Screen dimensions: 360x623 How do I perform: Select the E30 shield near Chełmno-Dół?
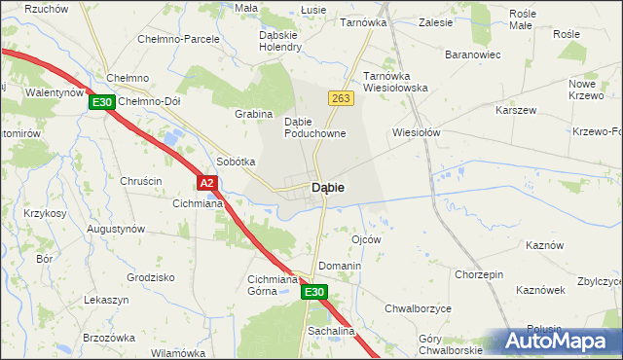[103, 101]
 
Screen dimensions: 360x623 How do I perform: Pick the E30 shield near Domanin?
[312, 292]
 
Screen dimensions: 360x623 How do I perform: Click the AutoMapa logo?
[558, 341]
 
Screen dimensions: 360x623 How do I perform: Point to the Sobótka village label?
[236, 162]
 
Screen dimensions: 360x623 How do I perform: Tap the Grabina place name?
[253, 114]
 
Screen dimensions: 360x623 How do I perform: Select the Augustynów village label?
[116, 229]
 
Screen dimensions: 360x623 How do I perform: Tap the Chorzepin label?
[478, 275]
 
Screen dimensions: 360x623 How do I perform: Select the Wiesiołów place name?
[417, 132]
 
